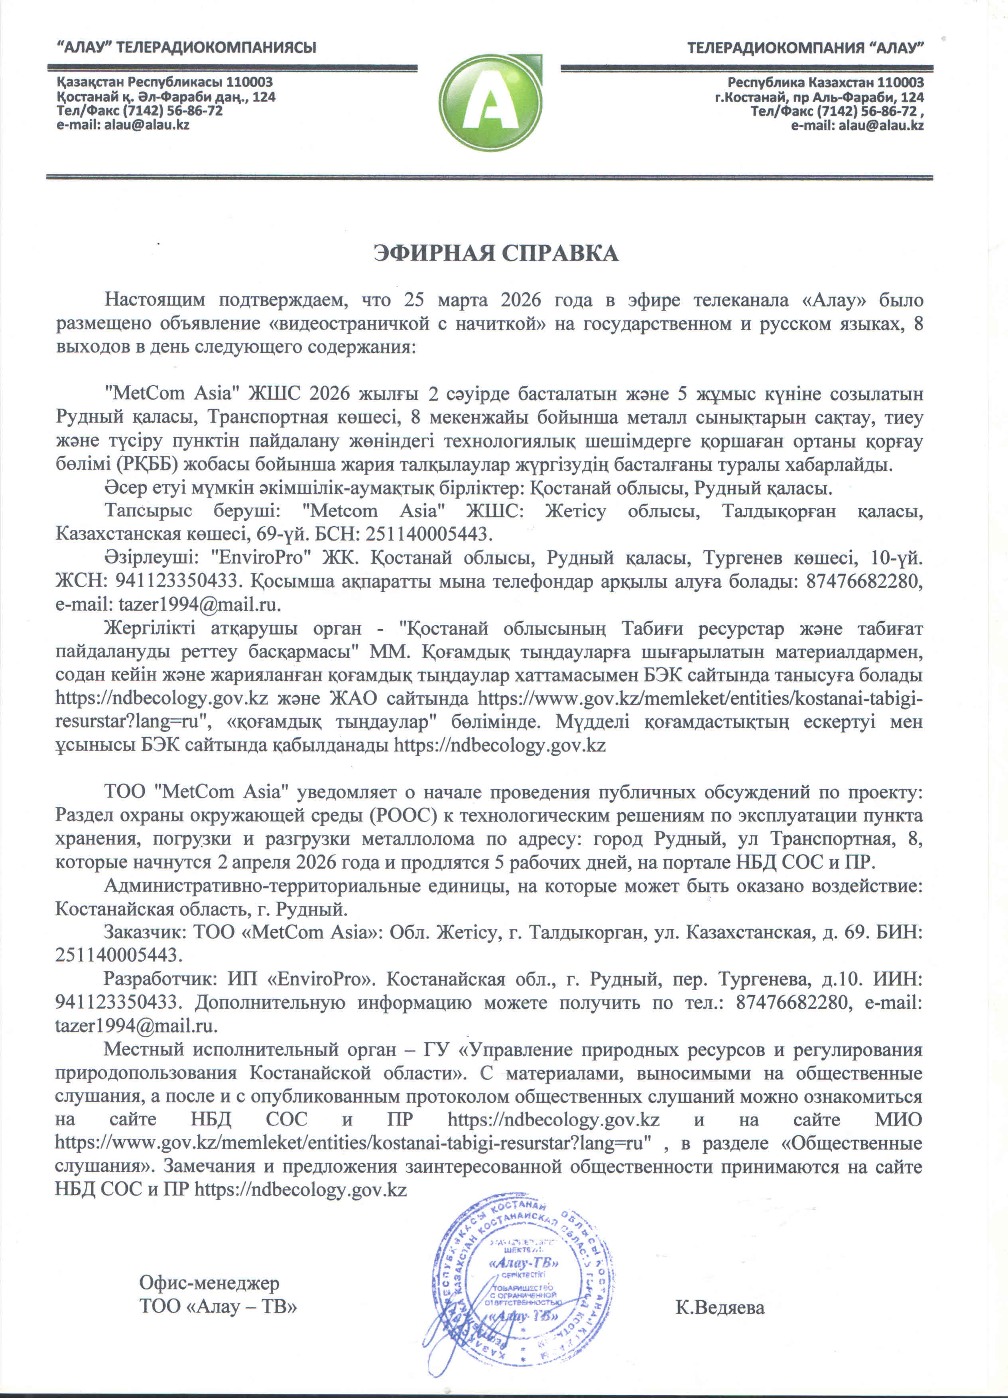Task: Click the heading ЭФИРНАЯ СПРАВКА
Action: [496, 253]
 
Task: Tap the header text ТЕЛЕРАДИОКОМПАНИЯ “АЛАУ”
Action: [805, 47]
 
